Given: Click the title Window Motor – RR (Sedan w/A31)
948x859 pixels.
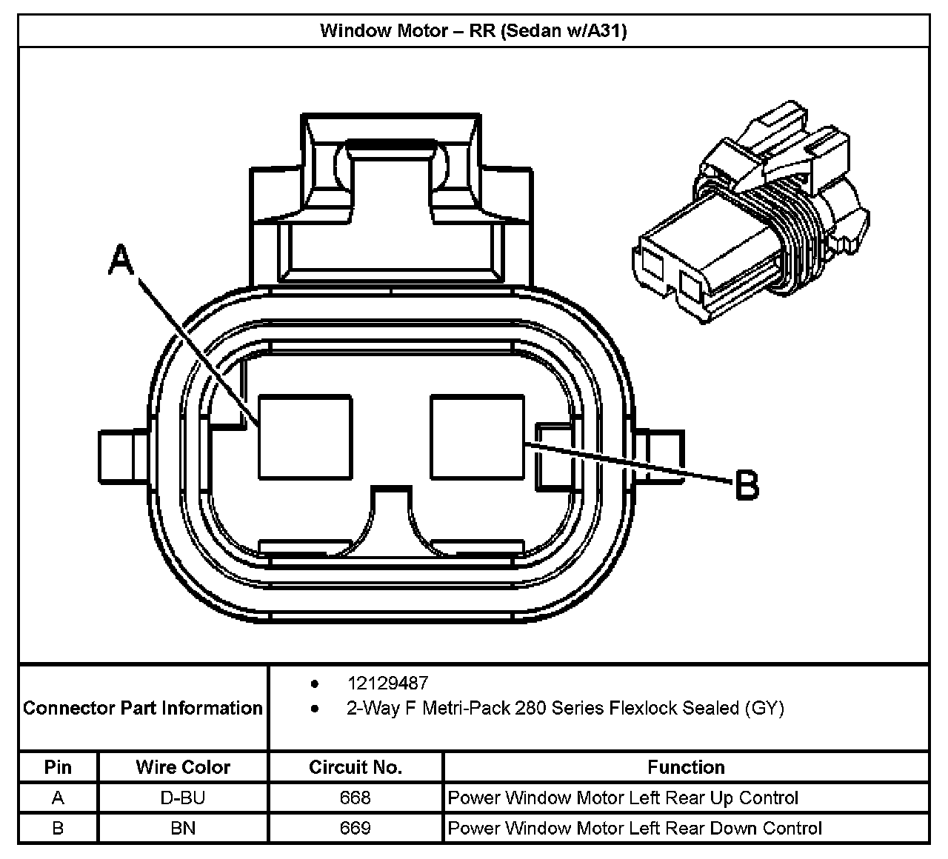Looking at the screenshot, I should pyautogui.click(x=473, y=30).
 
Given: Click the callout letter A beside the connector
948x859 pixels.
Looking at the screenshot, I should pyautogui.click(x=121, y=261).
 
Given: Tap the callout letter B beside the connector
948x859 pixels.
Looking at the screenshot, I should pyautogui.click(x=746, y=486).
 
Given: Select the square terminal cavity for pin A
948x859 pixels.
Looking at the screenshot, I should pyautogui.click(x=305, y=436).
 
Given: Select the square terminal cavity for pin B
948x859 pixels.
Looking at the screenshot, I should pyautogui.click(x=477, y=436).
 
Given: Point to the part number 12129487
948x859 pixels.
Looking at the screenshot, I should pyautogui.click(x=387, y=683).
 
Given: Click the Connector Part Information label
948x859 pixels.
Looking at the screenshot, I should pyautogui.click(x=143, y=708).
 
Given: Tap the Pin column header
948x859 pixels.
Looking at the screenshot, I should pyautogui.click(x=58, y=767).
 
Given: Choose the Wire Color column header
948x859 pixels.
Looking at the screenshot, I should pyautogui.click(x=183, y=767).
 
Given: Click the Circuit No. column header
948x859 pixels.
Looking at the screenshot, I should pyautogui.click(x=355, y=767).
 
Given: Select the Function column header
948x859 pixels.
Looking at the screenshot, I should pyautogui.click(x=686, y=767).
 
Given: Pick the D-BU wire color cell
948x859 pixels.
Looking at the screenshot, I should pyautogui.click(x=183, y=798).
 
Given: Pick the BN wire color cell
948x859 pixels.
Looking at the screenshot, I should pyautogui.click(x=183, y=828).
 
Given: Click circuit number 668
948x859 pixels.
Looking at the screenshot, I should pyautogui.click(x=355, y=798).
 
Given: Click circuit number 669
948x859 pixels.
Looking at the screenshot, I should pyautogui.click(x=355, y=828).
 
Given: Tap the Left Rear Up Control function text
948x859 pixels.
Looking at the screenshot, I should pyautogui.click(x=623, y=798).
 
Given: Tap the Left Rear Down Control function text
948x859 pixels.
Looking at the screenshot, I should pyautogui.click(x=635, y=828).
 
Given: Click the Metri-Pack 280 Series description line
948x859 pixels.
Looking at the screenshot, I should pyautogui.click(x=565, y=708).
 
